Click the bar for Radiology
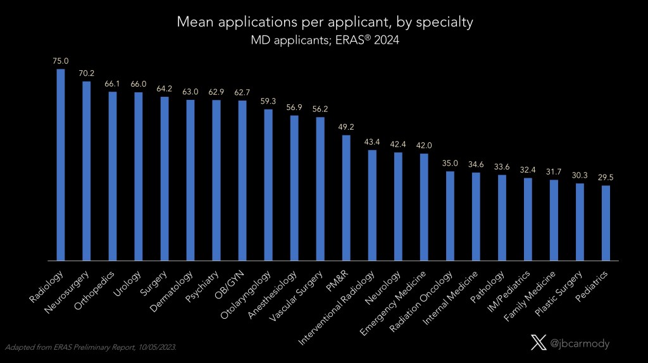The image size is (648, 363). [61, 164]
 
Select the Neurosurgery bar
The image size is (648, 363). [87, 171]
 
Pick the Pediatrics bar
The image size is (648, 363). [606, 223]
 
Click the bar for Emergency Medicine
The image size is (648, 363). [424, 207]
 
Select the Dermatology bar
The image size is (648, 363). [190, 180]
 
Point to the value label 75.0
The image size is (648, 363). [61, 61]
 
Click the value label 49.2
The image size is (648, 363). [346, 128]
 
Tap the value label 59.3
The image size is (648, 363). [268, 102]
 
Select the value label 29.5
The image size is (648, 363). [606, 178]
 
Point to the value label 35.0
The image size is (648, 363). [450, 164]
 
